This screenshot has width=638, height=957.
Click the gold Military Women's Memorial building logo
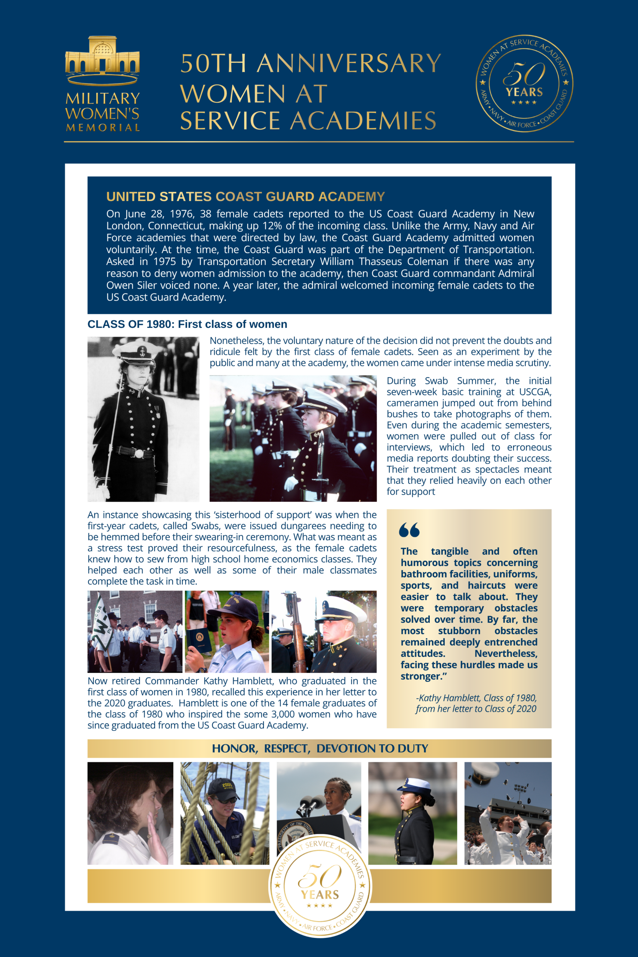pyautogui.click(x=102, y=60)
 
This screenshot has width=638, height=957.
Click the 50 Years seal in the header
pyautogui.click(x=524, y=83)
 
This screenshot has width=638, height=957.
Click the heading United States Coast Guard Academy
pyautogui.click(x=245, y=197)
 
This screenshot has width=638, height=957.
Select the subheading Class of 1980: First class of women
pyautogui.click(x=187, y=324)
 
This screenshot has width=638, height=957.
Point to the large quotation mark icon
pyautogui.click(x=409, y=530)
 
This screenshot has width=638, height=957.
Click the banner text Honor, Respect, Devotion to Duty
pyautogui.click(x=320, y=748)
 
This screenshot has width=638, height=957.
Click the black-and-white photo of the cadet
pyautogui.click(x=143, y=419)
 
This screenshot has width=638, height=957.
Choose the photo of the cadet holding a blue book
pyautogui.click(x=226, y=631)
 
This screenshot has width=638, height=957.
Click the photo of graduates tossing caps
pyautogui.click(x=508, y=813)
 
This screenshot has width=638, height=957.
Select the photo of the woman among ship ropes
pyautogui.click(x=225, y=813)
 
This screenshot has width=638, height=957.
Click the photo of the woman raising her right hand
pyautogui.click(x=130, y=813)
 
